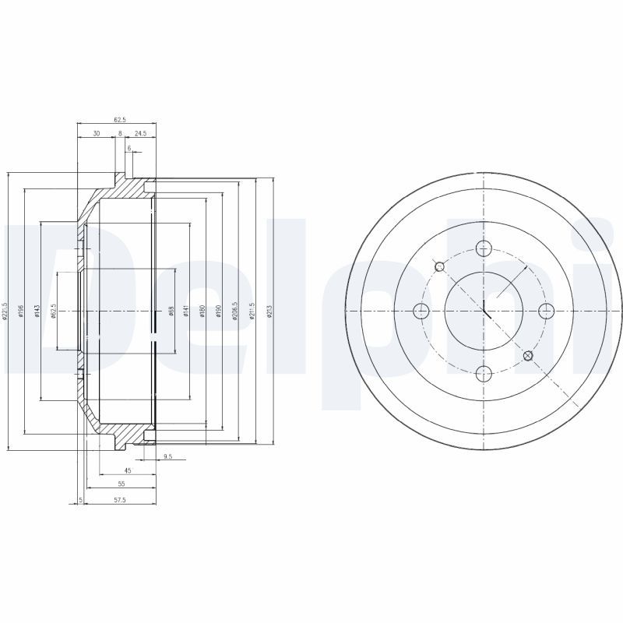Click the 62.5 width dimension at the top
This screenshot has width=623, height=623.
120,119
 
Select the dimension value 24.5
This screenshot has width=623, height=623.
140,133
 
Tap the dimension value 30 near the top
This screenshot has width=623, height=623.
96,133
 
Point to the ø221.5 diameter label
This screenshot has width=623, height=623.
5,311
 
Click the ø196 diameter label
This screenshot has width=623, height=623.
23,311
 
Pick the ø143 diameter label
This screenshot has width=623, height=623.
37,311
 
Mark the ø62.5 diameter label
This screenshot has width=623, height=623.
54,311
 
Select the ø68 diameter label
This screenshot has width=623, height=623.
171,311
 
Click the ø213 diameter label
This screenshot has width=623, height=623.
269,311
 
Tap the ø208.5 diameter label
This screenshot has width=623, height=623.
235,311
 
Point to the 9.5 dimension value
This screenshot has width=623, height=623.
167,456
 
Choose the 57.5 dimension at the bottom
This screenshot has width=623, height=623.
120,499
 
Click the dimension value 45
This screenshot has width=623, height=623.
128,470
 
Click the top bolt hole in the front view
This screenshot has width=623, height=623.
484,248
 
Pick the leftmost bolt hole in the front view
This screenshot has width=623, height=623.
421,311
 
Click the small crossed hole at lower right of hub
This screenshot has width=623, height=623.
528,356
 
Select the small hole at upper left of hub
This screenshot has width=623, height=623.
439,266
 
